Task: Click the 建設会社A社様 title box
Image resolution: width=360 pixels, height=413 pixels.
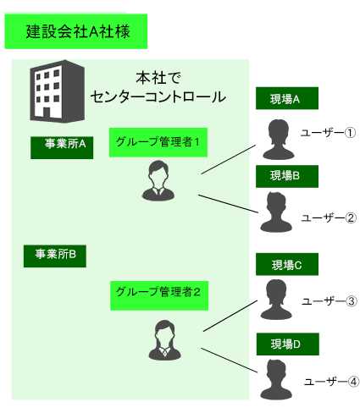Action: (76, 31)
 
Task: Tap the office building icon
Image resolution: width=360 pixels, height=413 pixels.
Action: (58, 91)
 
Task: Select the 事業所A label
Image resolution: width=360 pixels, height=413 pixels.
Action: (62, 147)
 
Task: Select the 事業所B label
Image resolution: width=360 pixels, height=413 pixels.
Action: (55, 256)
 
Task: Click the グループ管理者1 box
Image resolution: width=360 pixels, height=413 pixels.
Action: (158, 142)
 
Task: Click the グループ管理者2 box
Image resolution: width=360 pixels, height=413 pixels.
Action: (159, 295)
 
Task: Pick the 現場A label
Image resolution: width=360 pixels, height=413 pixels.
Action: (287, 98)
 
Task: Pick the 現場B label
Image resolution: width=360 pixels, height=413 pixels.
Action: (287, 176)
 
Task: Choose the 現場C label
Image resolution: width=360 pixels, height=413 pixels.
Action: (287, 264)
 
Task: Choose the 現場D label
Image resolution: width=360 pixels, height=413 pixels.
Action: (288, 344)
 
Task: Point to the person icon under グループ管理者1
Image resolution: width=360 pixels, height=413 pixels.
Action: (158, 180)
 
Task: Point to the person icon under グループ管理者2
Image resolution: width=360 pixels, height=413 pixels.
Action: (165, 340)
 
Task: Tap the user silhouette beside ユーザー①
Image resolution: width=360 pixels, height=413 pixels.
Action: (279, 140)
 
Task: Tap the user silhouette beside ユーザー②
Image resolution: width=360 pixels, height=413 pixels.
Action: (276, 212)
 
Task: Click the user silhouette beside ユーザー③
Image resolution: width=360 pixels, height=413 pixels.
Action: (276, 300)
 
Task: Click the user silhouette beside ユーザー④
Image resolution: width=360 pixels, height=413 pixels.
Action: (276, 379)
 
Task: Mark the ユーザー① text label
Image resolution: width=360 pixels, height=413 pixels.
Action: (328, 133)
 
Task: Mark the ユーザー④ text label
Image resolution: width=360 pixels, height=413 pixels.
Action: (331, 382)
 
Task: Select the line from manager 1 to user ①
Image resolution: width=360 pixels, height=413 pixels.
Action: (228, 159)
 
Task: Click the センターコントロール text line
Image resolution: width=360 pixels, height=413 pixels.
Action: (158, 96)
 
